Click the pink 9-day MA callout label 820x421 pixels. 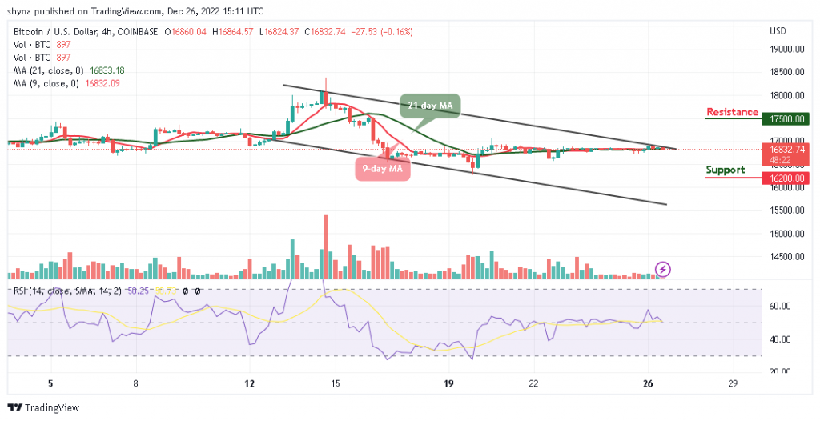(383, 169)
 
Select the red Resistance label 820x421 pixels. (732, 112)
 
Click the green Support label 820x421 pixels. (726, 170)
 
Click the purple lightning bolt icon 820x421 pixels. (663, 269)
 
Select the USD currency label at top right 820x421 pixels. (778, 31)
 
